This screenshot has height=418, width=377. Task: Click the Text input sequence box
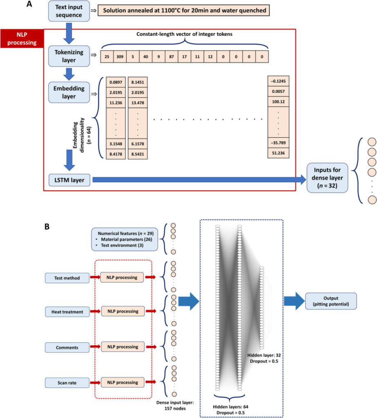[69, 11]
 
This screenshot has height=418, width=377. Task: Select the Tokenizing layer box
[69, 56]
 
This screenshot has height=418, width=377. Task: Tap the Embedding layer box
[69, 92]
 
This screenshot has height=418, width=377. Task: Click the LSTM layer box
[70, 180]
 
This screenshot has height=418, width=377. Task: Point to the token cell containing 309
[120, 56]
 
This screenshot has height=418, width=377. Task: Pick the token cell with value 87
[171, 56]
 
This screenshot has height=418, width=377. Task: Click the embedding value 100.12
[278, 102]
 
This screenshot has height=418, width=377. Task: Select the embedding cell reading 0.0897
[116, 82]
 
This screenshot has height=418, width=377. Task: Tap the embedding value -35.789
[278, 142]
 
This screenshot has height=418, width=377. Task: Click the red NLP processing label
[22, 38]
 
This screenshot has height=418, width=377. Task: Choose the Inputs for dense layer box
[327, 178]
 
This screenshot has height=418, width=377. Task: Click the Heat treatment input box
[67, 312]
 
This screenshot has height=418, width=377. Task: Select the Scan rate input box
[67, 383]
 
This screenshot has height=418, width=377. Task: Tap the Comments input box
[67, 348]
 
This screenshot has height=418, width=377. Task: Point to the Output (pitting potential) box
[331, 301]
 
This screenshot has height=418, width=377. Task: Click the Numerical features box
[124, 239]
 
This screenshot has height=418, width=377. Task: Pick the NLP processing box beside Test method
[122, 278]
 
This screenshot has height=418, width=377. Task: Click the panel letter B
[47, 227]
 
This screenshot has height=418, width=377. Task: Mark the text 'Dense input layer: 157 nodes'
[175, 405]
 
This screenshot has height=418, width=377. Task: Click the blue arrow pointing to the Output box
[294, 301]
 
